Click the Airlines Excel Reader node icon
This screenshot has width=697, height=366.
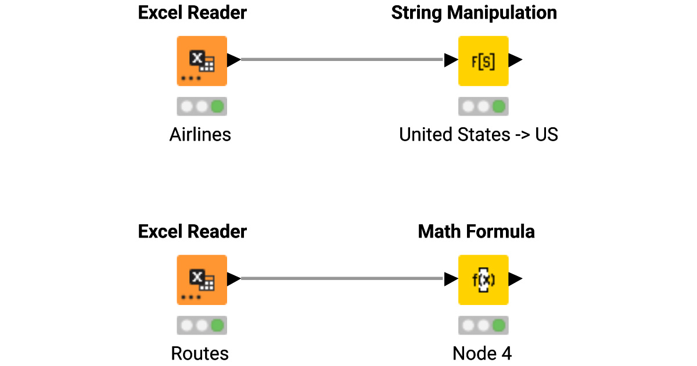coord(202,60)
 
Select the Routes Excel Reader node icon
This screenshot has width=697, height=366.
coord(202,279)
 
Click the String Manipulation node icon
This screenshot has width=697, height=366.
coord(483,60)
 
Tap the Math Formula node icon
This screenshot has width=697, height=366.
coord(483,279)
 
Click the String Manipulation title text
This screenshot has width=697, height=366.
coord(474,13)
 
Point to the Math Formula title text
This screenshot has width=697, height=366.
coord(476,232)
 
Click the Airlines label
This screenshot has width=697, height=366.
coord(200,135)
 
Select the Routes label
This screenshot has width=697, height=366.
coord(200,354)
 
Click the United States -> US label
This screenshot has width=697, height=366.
coord(478,135)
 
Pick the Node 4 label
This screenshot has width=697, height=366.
coord(482,354)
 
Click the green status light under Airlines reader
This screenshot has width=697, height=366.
coord(217,107)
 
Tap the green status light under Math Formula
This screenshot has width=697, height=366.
coord(498,326)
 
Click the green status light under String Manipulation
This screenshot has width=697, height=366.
coord(498,107)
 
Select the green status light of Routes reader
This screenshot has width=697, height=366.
coord(217,326)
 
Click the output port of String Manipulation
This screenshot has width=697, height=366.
coord(515,60)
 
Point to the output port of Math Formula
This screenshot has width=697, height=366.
coord(515,279)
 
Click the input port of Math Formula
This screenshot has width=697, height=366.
coord(451,279)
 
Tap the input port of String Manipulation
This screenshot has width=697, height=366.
coord(451,60)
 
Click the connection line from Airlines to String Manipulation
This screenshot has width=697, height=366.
coord(343,59)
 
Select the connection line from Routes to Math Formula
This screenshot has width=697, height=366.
coord(343,278)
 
